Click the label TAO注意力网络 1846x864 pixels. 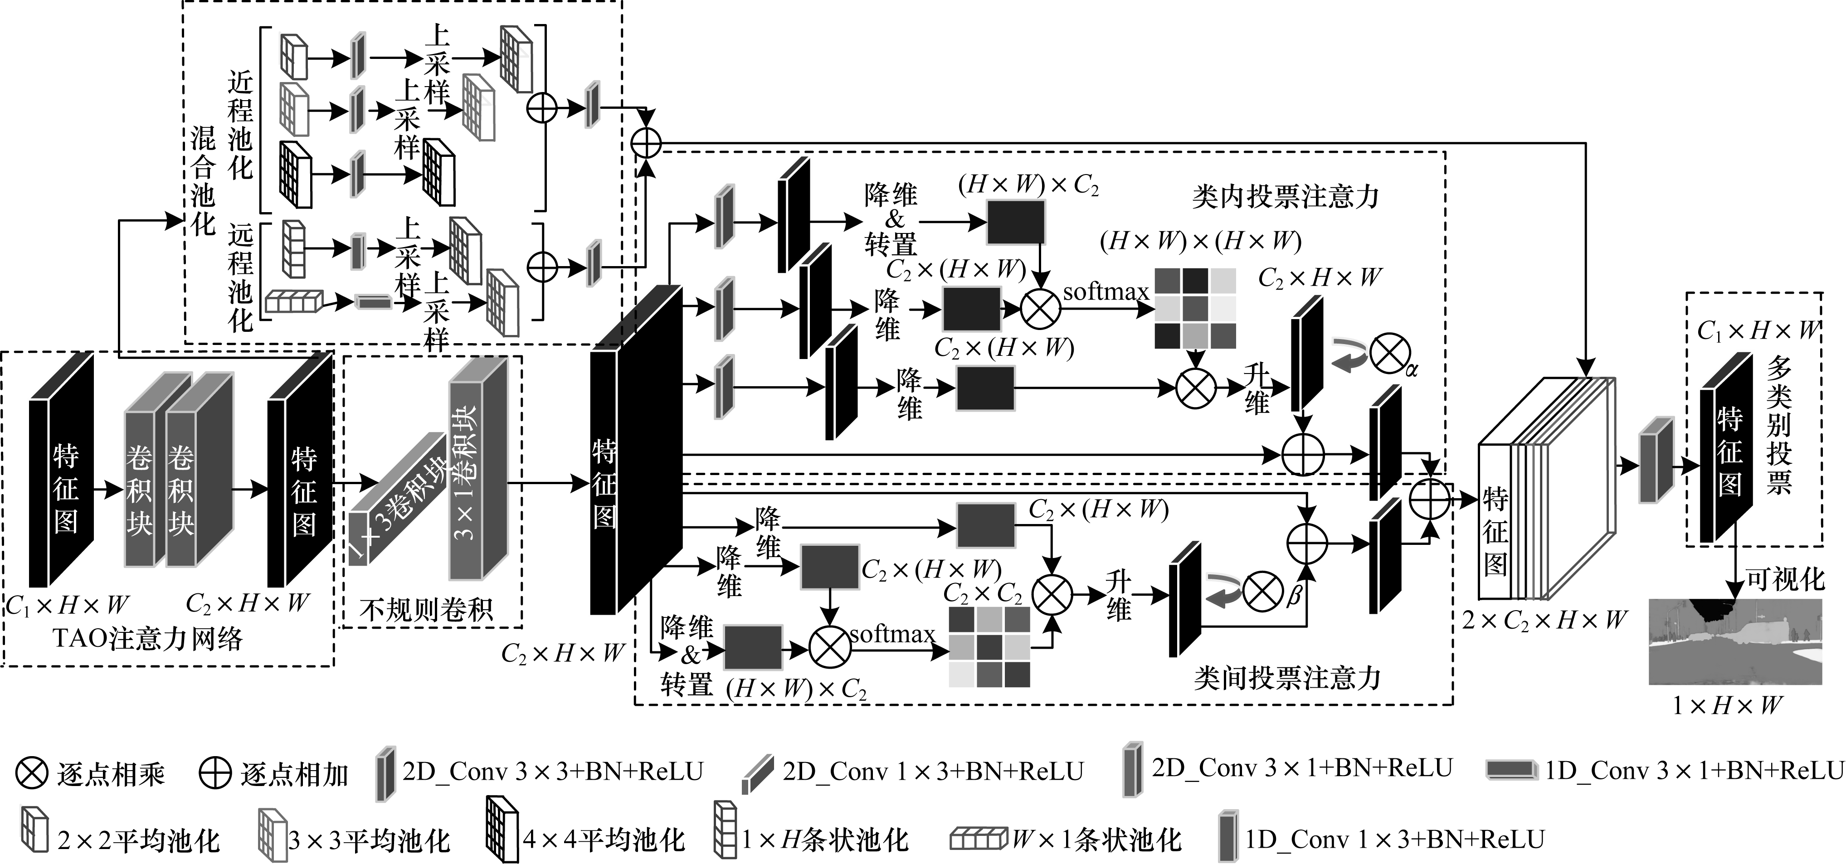pos(148,638)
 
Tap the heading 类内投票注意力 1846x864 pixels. pos(1286,196)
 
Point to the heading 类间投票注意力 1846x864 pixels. pos(1287,677)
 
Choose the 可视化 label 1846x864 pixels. pos(1784,579)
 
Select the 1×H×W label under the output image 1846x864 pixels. pos(1727,706)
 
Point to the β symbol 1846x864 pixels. pos(1294,596)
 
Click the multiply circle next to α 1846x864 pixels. pos(1389,354)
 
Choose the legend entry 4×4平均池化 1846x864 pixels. pos(604,839)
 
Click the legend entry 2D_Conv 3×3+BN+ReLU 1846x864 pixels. pos(552,771)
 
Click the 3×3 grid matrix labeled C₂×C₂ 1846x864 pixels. pos(989,647)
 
